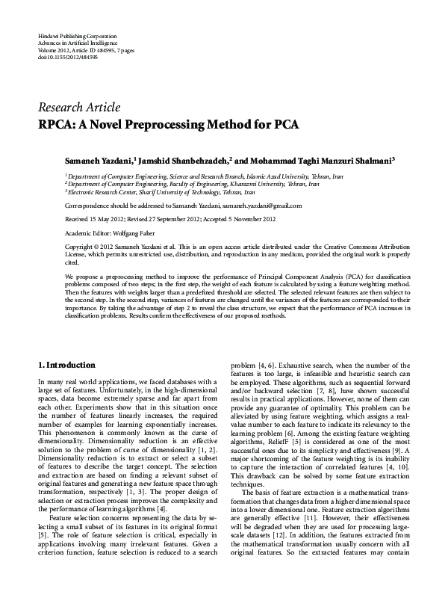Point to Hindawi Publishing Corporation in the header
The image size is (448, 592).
(x=77, y=36)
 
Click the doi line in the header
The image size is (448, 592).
(x=67, y=56)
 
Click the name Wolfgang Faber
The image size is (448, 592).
(x=123, y=232)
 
